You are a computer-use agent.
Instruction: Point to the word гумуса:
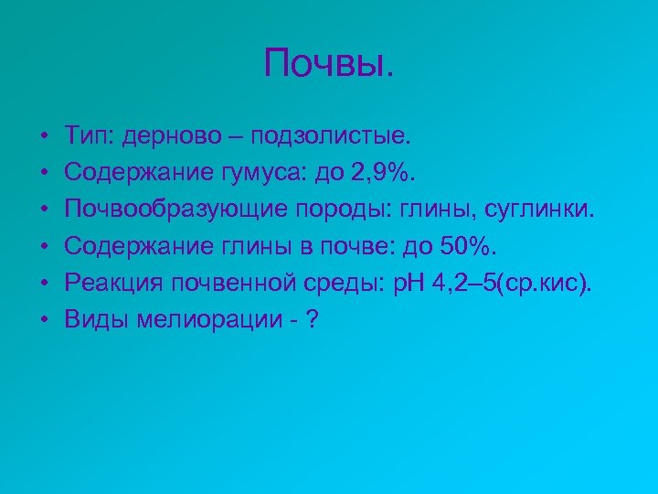(x=258, y=170)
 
